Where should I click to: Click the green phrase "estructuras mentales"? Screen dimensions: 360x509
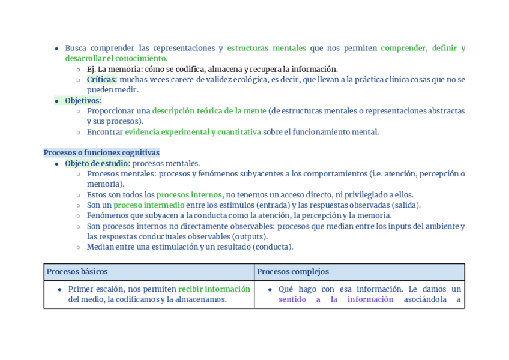(x=266, y=48)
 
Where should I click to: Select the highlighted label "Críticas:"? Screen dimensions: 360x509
(x=101, y=79)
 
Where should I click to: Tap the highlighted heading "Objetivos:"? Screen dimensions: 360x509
(x=83, y=100)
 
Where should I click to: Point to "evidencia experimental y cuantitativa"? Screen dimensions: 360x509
(x=193, y=132)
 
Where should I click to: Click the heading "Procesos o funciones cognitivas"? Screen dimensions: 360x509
(x=101, y=152)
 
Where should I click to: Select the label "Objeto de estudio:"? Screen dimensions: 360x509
(x=97, y=163)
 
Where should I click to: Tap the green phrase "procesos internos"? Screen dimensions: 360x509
(x=188, y=194)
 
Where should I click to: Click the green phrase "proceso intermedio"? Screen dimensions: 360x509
(x=149, y=205)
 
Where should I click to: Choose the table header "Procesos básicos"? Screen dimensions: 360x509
(x=77, y=272)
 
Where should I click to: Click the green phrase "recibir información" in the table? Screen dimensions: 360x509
(x=214, y=289)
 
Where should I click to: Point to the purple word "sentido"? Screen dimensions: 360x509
(x=292, y=299)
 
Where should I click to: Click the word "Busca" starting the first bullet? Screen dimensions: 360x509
(x=76, y=48)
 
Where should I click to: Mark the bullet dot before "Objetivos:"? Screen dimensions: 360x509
(x=56, y=101)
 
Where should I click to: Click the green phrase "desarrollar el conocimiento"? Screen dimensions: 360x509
(x=116, y=58)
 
